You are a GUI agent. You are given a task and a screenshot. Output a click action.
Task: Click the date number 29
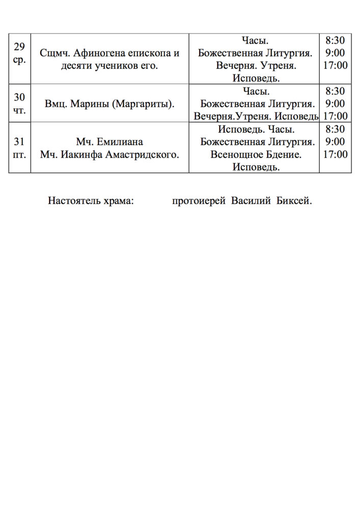pyautogui.click(x=19, y=47)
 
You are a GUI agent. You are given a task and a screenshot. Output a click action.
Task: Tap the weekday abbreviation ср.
pyautogui.click(x=19, y=59)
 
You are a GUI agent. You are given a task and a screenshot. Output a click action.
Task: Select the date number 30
pyautogui.click(x=19, y=97)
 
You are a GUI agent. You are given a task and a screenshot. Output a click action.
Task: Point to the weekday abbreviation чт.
pyautogui.click(x=19, y=109)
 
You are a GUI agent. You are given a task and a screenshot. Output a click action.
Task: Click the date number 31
pyautogui.click(x=19, y=141)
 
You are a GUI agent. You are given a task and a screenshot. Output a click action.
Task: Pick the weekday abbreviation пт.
pyautogui.click(x=19, y=153)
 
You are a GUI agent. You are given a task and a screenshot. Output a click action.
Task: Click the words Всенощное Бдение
pyautogui.click(x=256, y=154)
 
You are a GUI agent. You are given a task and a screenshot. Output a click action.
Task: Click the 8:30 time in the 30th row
pyautogui.click(x=335, y=92)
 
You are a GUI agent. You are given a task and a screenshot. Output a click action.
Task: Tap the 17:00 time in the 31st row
pyautogui.click(x=335, y=154)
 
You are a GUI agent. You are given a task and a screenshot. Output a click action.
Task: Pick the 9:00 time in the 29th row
pyautogui.click(x=335, y=53)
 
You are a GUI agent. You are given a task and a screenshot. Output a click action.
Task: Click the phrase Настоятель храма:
pyautogui.click(x=91, y=201)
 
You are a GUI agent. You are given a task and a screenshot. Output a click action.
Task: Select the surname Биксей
pyautogui.click(x=294, y=201)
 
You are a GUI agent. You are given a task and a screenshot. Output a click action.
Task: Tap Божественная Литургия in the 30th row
pyautogui.click(x=256, y=104)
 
